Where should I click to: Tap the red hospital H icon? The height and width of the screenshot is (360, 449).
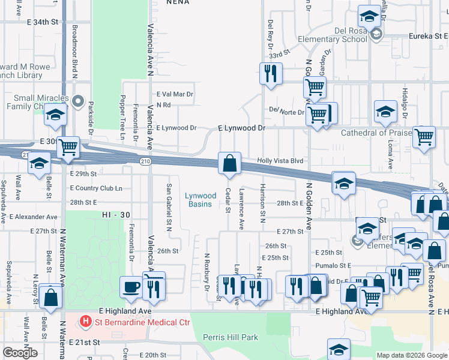86,322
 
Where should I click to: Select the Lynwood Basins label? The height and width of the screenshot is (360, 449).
200,200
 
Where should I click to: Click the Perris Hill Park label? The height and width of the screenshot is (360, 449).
231,337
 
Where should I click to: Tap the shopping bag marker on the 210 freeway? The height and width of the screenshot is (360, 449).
229,163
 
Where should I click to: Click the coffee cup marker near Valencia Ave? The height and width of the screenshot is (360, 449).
131,287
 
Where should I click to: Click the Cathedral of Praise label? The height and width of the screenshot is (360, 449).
376,133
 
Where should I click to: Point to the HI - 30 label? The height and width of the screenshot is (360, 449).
116,214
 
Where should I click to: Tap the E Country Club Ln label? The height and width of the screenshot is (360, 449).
96,188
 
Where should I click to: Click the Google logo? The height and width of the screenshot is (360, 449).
20,353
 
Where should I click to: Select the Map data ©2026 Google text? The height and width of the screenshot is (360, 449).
411,355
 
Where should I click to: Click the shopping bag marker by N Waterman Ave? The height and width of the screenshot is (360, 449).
52,297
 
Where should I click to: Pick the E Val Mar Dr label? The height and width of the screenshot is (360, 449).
175,94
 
